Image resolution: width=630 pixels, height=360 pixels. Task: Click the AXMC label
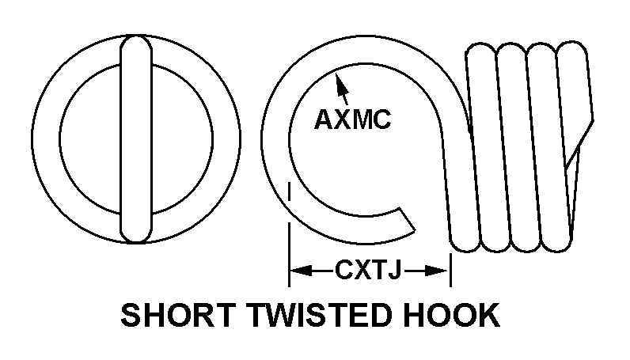click(x=352, y=119)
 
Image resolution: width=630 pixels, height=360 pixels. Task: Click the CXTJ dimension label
click(x=368, y=270)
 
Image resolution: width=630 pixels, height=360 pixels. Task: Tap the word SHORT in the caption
click(x=178, y=315)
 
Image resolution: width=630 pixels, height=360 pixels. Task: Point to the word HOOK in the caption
click(x=452, y=315)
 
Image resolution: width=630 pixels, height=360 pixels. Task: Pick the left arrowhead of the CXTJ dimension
click(x=301, y=271)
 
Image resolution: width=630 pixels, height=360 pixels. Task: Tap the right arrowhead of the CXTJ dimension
click(x=436, y=271)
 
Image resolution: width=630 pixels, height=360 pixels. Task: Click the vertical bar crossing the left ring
click(x=136, y=139)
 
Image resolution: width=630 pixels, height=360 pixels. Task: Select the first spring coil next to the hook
click(x=474, y=147)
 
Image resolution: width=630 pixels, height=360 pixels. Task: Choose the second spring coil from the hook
click(x=505, y=147)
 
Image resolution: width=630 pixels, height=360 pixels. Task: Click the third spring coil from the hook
click(x=535, y=147)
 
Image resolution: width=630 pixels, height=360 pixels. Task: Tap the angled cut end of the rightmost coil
click(x=579, y=142)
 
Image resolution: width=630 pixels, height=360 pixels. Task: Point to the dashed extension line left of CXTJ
click(x=289, y=234)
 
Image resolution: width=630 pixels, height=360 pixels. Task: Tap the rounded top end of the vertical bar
click(x=136, y=42)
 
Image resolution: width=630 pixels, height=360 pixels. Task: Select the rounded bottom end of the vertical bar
click(x=136, y=236)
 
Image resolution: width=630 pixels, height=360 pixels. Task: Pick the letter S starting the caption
click(x=130, y=315)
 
